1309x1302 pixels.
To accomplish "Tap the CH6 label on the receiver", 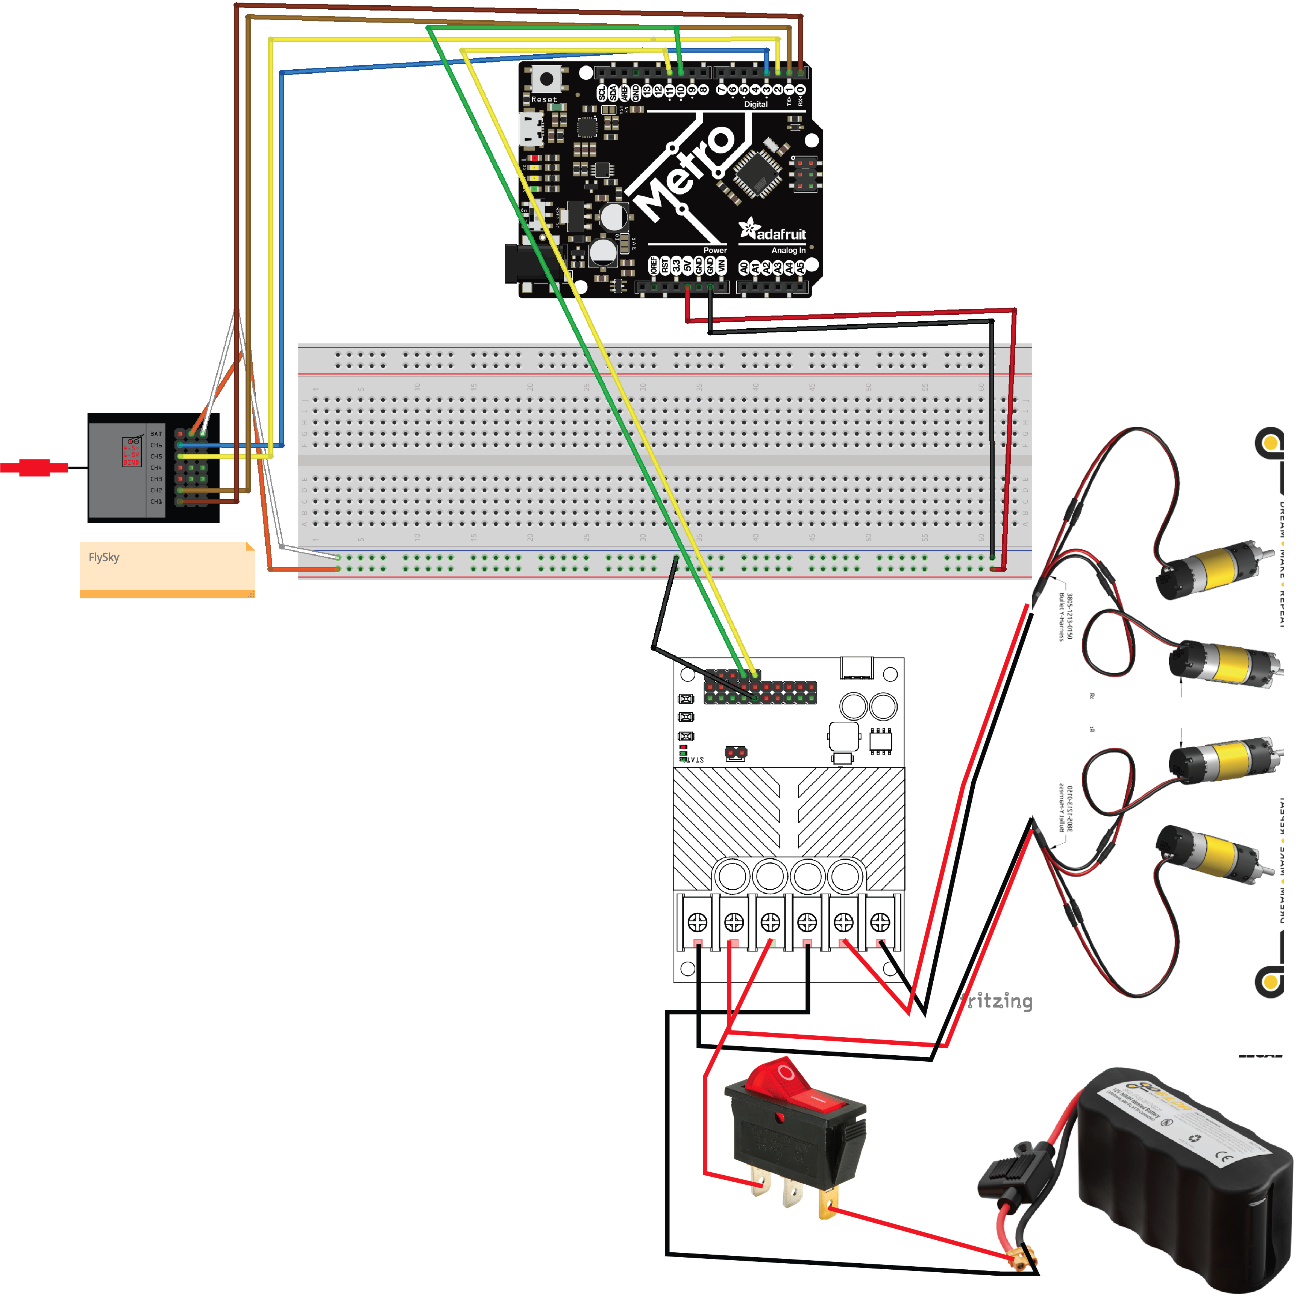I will pyautogui.click(x=156, y=445).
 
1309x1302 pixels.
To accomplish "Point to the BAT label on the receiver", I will pyautogui.click(x=156, y=434).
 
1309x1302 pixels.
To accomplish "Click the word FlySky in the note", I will pyautogui.click(x=104, y=557).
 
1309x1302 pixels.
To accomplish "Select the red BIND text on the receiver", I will pyautogui.click(x=131, y=462).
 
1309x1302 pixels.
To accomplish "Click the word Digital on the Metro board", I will pyautogui.click(x=755, y=105).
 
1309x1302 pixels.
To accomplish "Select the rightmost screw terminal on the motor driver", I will pyautogui.click(x=880, y=922).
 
